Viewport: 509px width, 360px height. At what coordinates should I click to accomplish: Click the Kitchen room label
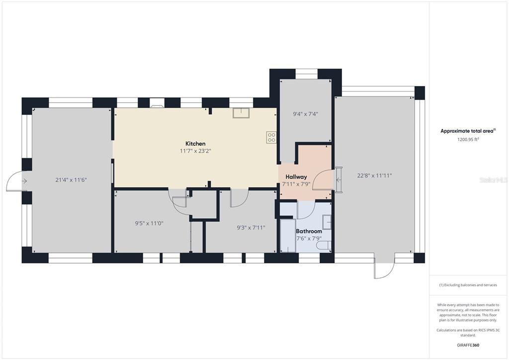(x=195, y=144)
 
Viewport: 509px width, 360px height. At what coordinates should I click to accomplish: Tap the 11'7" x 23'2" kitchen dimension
(x=195, y=151)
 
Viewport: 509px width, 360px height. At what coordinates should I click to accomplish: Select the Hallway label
(x=296, y=177)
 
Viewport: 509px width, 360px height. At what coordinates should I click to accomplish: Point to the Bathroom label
(x=309, y=231)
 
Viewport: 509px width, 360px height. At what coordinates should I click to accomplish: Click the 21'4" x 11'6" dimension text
(x=71, y=180)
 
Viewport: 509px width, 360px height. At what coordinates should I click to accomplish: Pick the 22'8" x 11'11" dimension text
(x=374, y=175)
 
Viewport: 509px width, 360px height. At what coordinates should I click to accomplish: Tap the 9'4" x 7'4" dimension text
(x=305, y=114)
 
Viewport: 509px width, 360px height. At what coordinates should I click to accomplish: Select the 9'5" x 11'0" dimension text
(x=149, y=223)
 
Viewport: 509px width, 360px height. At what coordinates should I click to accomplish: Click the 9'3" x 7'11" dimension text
(x=251, y=228)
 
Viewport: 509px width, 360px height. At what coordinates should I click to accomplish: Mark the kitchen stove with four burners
(x=271, y=137)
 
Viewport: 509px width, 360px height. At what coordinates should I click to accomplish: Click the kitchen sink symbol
(x=242, y=113)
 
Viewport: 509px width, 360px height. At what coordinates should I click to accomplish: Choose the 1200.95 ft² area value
(x=467, y=140)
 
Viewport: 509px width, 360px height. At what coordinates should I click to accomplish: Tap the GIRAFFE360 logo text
(x=468, y=345)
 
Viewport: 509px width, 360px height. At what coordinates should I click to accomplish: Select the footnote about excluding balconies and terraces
(x=467, y=285)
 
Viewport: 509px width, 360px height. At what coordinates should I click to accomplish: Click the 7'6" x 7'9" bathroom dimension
(x=309, y=239)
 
